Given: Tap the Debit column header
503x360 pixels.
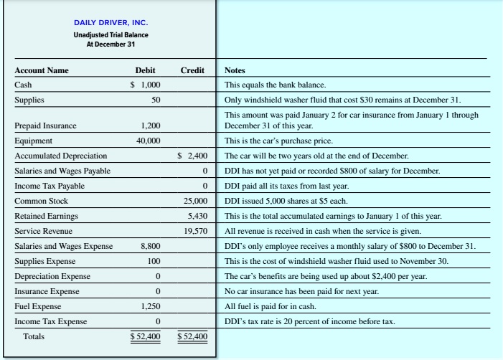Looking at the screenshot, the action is pos(146,70).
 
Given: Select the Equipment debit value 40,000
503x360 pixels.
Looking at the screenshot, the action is pos(148,141).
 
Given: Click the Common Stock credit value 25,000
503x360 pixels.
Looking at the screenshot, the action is pos(195,202).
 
